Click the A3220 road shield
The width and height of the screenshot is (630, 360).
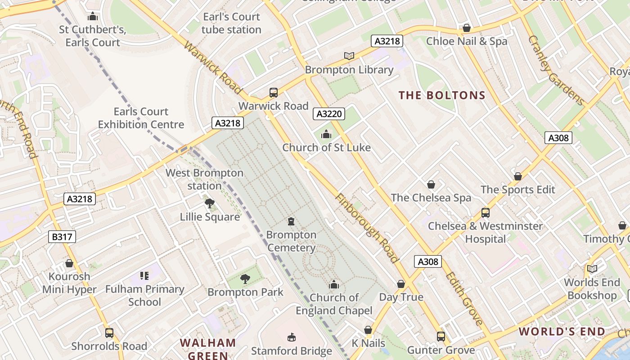pyautogui.click(x=328, y=114)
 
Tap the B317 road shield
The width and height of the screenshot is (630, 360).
pyautogui.click(x=62, y=237)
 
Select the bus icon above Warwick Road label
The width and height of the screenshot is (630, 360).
pyautogui.click(x=273, y=93)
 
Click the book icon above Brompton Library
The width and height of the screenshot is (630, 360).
pyautogui.click(x=349, y=56)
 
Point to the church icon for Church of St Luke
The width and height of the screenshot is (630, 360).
pyautogui.click(x=326, y=134)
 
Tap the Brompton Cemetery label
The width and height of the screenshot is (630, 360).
pyautogui.click(x=291, y=241)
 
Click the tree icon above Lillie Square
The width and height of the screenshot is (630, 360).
pyautogui.click(x=209, y=203)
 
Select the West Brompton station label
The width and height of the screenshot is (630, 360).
pyautogui.click(x=204, y=179)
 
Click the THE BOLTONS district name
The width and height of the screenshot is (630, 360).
pyautogui.click(x=442, y=95)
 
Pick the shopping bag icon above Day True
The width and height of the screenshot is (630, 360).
pyautogui.click(x=401, y=284)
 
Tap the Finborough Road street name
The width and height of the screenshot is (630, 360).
pyautogui.click(x=367, y=229)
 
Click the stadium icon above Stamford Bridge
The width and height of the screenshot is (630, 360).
pyautogui.click(x=291, y=337)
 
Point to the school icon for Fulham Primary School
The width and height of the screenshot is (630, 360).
pyautogui.click(x=144, y=275)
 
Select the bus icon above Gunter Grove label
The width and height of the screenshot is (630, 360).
pyautogui.click(x=441, y=336)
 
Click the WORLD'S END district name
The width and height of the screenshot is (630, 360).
pyautogui.click(x=562, y=332)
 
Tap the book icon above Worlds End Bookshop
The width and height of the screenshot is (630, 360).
pyautogui.click(x=592, y=269)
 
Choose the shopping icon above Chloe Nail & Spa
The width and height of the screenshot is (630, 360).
pyautogui.click(x=467, y=28)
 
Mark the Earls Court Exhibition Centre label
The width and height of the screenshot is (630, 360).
pyautogui.click(x=141, y=118)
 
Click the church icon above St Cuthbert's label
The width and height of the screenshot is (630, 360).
pyautogui.click(x=93, y=17)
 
